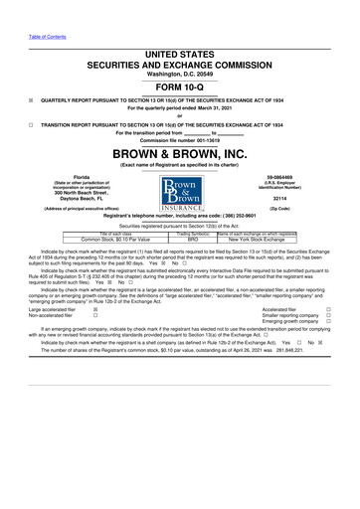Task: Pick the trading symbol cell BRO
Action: point(194,240)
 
